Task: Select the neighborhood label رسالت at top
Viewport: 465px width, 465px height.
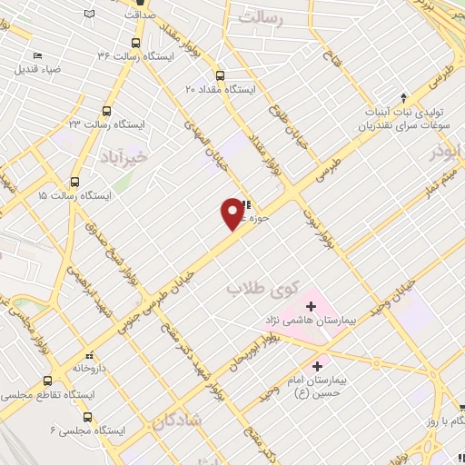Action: click(x=272, y=16)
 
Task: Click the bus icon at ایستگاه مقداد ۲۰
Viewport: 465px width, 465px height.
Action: click(x=219, y=75)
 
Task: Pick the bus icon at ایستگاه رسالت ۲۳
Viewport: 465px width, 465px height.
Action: click(x=107, y=110)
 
